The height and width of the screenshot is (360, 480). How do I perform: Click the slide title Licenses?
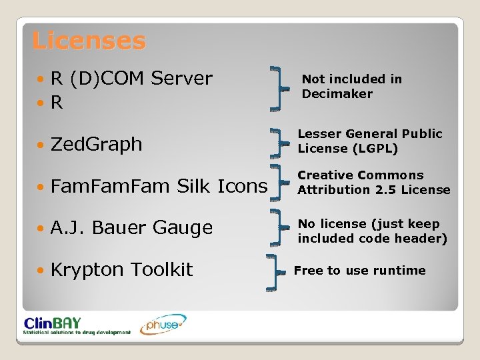tap(88, 41)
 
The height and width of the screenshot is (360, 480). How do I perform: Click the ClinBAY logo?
tap(77, 324)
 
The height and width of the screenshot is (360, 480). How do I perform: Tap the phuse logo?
tap(163, 323)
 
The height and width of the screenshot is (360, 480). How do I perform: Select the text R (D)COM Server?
tap(131, 79)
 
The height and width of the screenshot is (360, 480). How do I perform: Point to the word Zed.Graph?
tap(96, 144)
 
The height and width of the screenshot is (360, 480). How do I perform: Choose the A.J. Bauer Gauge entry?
tap(131, 228)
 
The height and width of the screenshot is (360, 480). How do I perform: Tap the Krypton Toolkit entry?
tap(121, 270)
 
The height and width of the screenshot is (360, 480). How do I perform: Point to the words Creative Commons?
tap(360, 175)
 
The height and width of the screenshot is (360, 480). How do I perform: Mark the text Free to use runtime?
tap(359, 271)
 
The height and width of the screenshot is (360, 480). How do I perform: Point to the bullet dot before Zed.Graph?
tap(42, 145)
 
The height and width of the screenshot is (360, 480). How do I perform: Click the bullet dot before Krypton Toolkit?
tap(42, 271)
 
